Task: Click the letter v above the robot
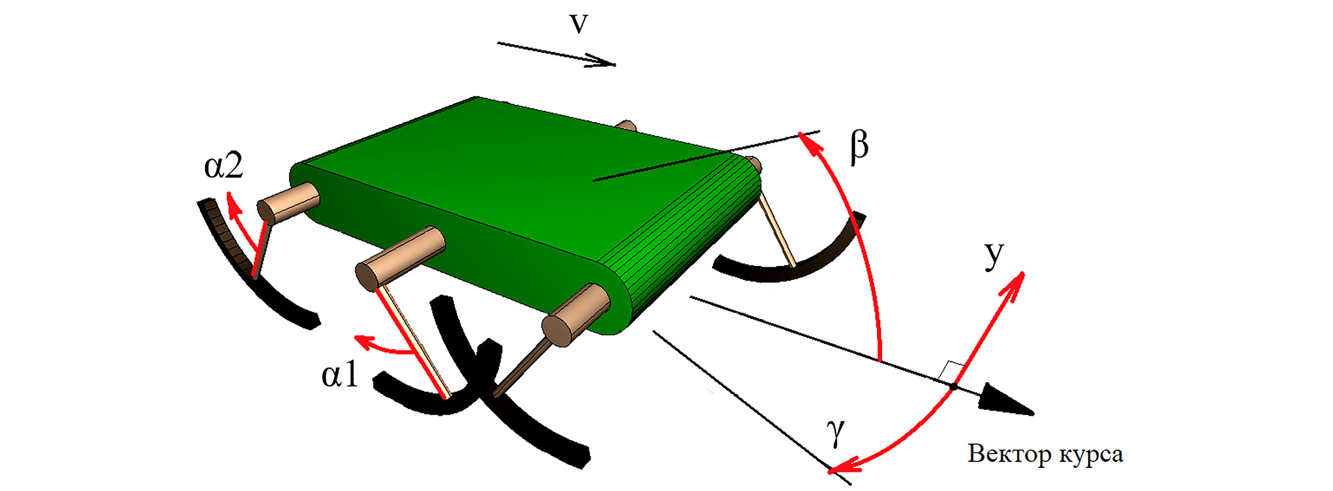[578, 23]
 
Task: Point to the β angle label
[859, 147]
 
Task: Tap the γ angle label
[835, 433]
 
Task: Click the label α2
[224, 166]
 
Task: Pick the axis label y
[994, 255]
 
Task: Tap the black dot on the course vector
[954, 386]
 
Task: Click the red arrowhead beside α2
[232, 205]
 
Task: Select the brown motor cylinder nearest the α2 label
[288, 202]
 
